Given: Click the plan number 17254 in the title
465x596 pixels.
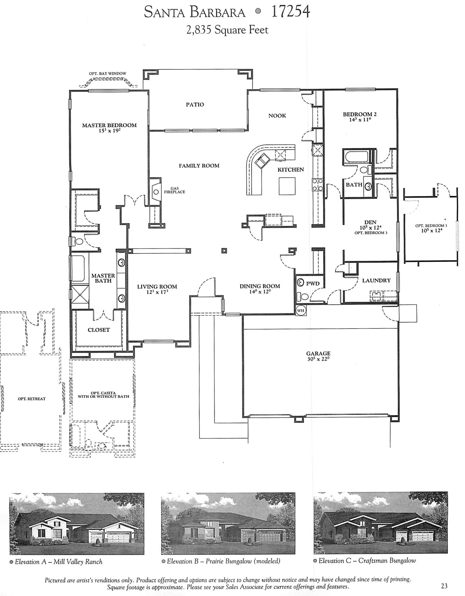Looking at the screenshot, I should tap(291, 12).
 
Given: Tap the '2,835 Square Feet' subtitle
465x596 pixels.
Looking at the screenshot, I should tap(227, 30).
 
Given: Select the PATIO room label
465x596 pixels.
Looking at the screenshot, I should tap(195, 104).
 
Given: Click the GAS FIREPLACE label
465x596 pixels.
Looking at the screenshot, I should tap(175, 190).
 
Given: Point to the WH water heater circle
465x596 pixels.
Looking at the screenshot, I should tap(300, 310).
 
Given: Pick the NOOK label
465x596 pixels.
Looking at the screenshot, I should tap(277, 116).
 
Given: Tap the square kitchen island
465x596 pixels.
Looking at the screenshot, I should tap(287, 186).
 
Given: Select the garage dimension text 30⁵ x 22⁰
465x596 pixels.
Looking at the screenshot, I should tap(318, 359).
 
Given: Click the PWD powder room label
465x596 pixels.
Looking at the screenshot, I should tap(313, 283).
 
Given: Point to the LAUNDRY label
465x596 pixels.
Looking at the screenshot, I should tap(376, 280).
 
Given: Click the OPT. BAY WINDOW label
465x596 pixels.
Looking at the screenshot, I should tap(107, 74).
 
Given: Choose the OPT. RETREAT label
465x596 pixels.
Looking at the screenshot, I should tap(32, 399).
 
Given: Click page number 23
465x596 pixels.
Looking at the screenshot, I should tap(444, 585).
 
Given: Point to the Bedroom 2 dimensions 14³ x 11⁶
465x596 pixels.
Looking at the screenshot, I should tap(360, 120).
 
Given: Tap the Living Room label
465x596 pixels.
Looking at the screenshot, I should tap(157, 287).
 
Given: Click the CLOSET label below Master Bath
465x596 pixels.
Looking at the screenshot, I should tap(99, 330).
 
